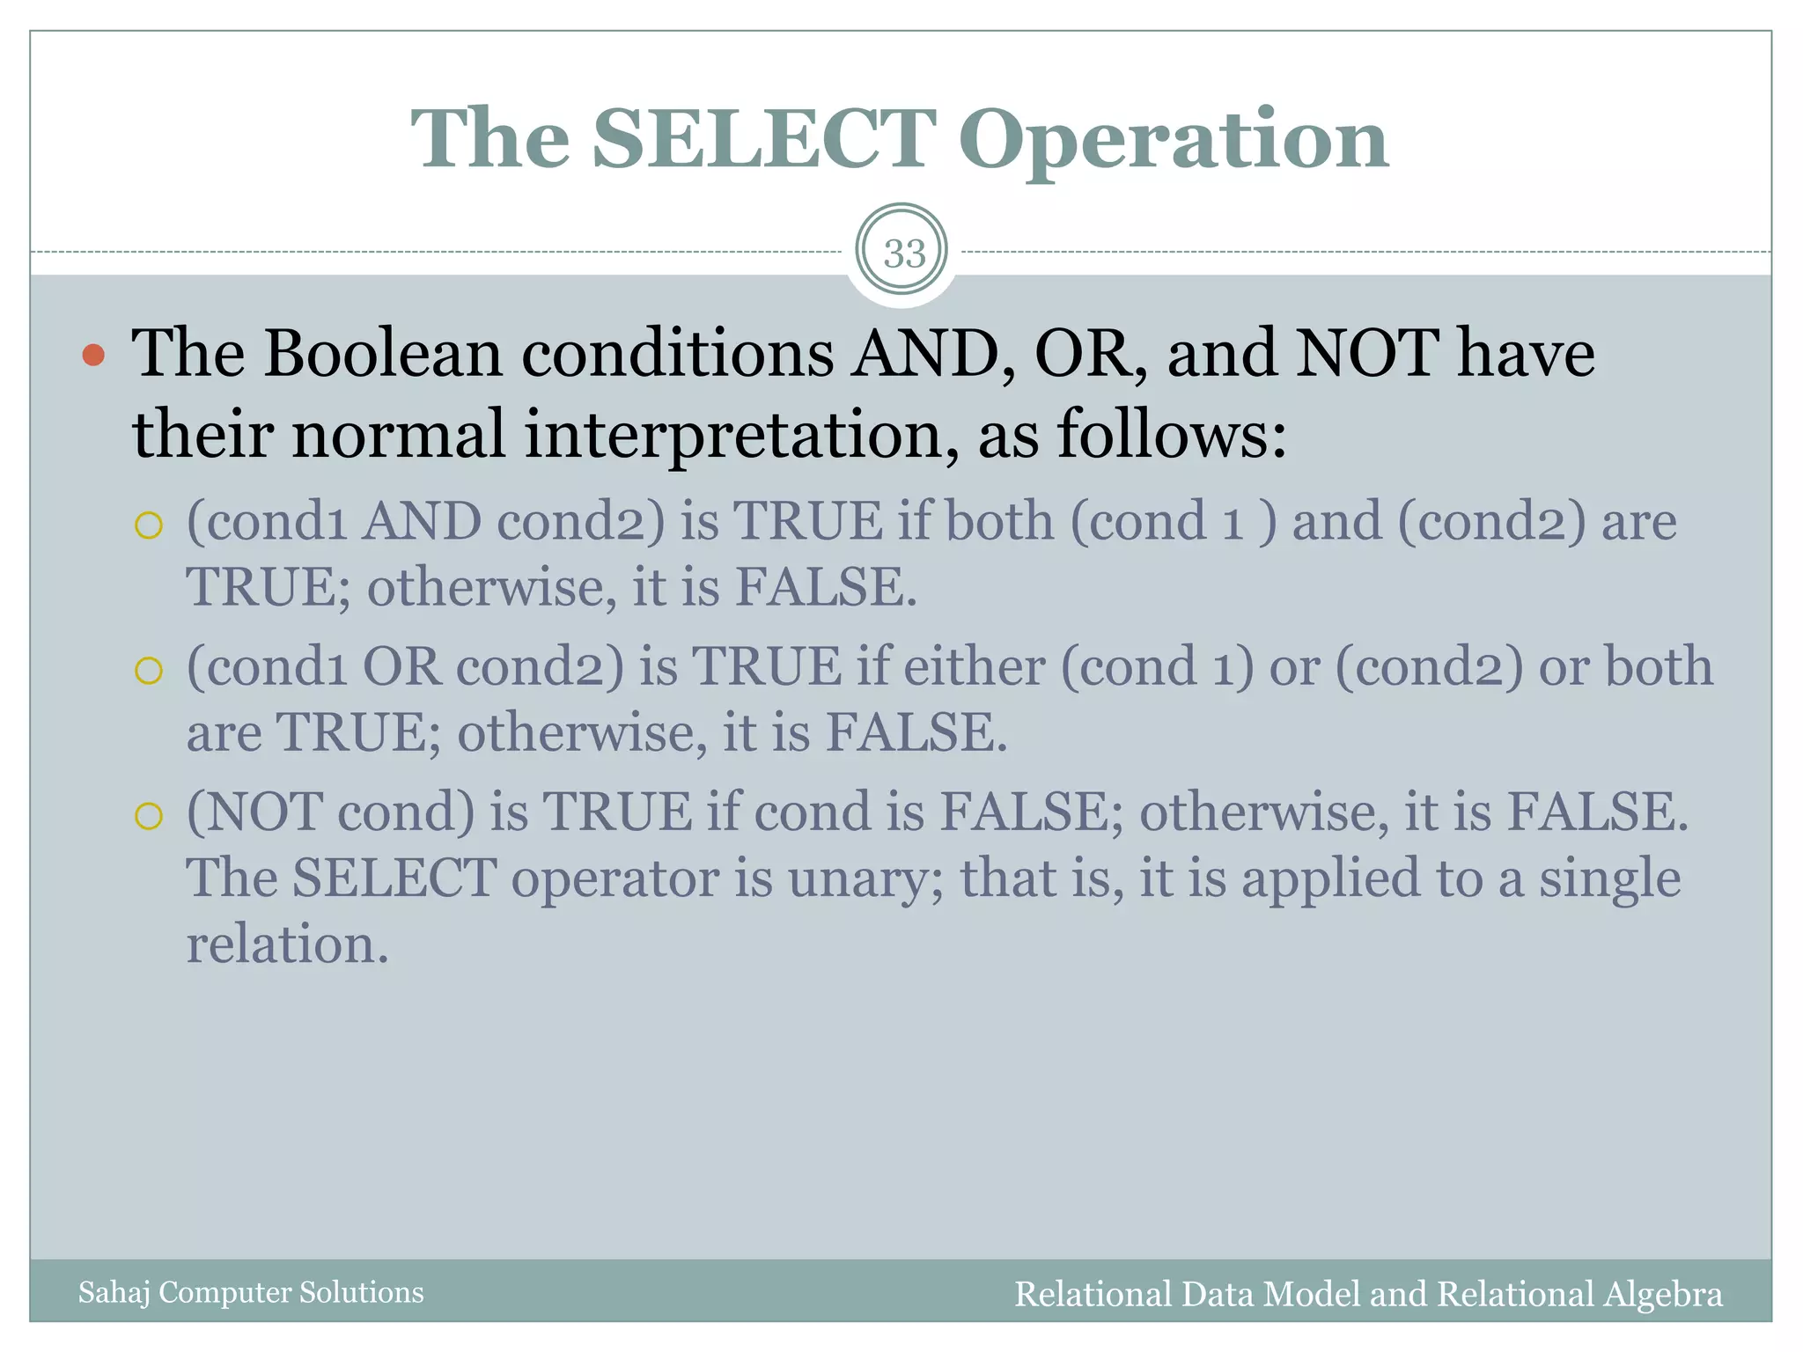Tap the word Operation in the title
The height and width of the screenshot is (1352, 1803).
point(1173,141)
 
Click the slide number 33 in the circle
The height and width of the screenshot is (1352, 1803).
point(904,253)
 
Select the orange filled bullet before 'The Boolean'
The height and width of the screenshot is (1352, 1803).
point(93,355)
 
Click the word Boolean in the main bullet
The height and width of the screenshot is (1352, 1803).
point(383,353)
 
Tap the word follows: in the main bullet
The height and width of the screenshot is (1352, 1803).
point(1171,433)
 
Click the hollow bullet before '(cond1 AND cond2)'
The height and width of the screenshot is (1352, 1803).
point(149,525)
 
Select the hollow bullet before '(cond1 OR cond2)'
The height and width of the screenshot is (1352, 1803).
point(149,671)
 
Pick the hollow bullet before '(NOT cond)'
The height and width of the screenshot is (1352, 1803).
point(149,816)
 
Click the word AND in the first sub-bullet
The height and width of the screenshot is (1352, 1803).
point(422,521)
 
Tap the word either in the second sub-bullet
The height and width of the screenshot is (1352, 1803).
point(974,666)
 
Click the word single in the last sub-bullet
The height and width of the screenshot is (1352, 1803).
point(1609,878)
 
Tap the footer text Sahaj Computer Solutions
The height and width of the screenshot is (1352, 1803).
point(251,1292)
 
